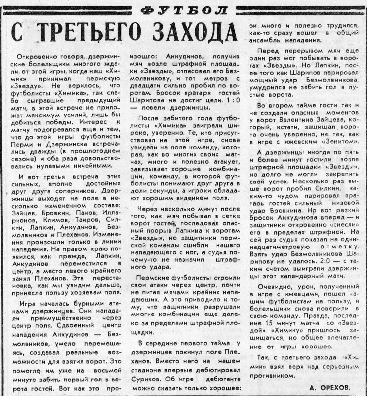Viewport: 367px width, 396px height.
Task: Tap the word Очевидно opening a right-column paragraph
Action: [273, 287]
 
